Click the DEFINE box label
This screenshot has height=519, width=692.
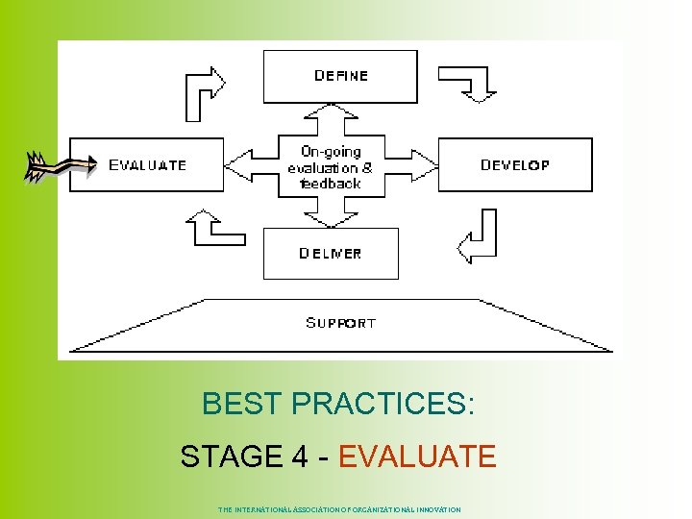[340, 76]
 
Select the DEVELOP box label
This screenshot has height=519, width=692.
[515, 165]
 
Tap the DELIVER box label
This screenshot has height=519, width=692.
[330, 254]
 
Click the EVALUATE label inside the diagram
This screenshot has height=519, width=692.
[147, 165]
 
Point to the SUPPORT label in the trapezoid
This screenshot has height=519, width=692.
[340, 323]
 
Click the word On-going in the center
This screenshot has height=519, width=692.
[331, 152]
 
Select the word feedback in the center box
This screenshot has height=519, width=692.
[331, 183]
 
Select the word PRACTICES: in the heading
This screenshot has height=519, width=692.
[383, 405]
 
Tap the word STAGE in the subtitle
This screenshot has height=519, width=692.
[229, 456]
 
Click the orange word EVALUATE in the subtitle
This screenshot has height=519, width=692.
[417, 456]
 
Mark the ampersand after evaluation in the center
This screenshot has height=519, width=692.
[366, 167]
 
